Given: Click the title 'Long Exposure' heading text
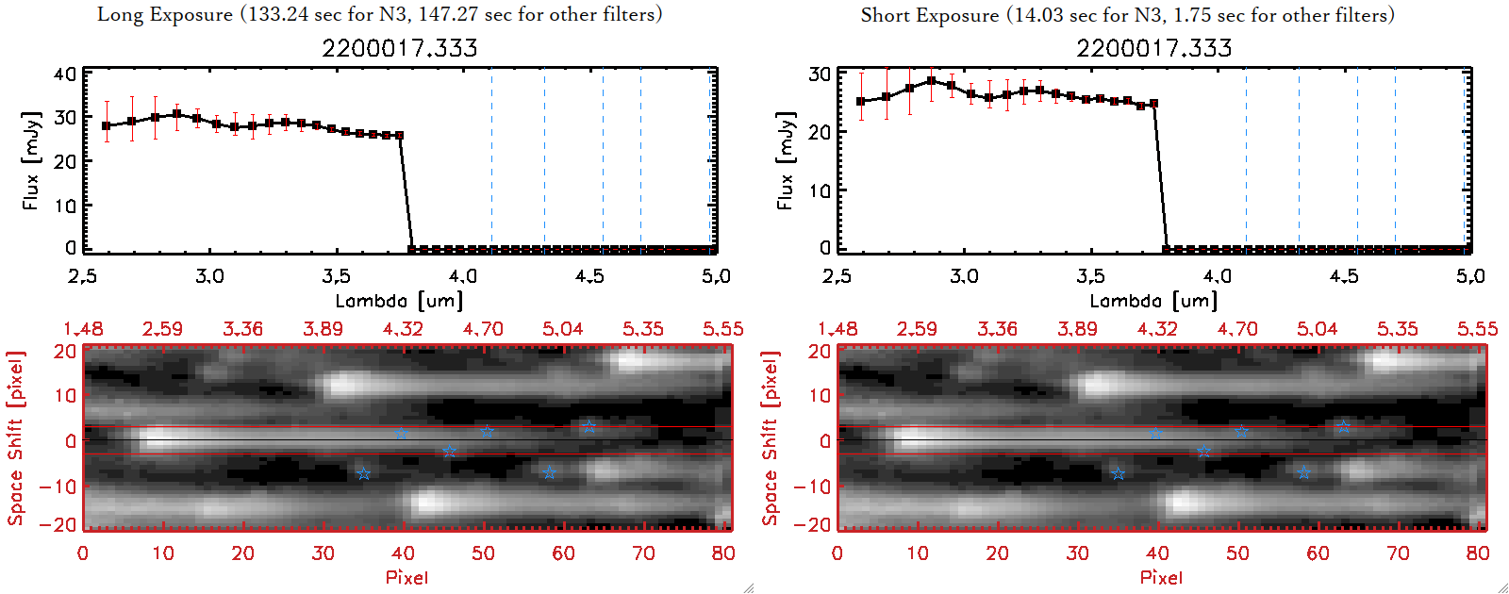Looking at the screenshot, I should coord(164,14).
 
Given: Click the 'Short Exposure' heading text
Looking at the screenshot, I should coord(929,15).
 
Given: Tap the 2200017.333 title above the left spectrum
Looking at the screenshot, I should coord(400,48).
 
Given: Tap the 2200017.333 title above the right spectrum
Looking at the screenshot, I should coord(1154,48).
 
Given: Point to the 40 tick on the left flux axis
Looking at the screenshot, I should coord(65,74).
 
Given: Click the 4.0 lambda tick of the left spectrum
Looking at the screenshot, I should coord(462,276).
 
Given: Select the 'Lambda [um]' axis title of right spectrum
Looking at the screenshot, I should coord(1153,301).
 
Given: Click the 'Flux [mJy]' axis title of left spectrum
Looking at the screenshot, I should coord(31,161).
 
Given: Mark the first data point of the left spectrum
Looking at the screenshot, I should coord(107,125).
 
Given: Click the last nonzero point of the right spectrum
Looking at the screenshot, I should coord(1153,104).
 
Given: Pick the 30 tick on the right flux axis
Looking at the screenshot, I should coord(820,74).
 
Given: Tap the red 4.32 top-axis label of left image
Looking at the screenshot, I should coord(403,329).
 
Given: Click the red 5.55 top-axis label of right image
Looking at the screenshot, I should coord(1477,329).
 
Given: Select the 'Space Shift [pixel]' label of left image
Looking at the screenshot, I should coord(15,438).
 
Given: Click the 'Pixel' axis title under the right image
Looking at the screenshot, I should coord(1161,577).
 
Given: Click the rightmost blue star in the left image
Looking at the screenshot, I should coord(589,427).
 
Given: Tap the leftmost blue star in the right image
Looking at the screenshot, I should coord(1118,473).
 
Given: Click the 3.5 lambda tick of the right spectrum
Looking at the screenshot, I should coord(1090,276).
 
